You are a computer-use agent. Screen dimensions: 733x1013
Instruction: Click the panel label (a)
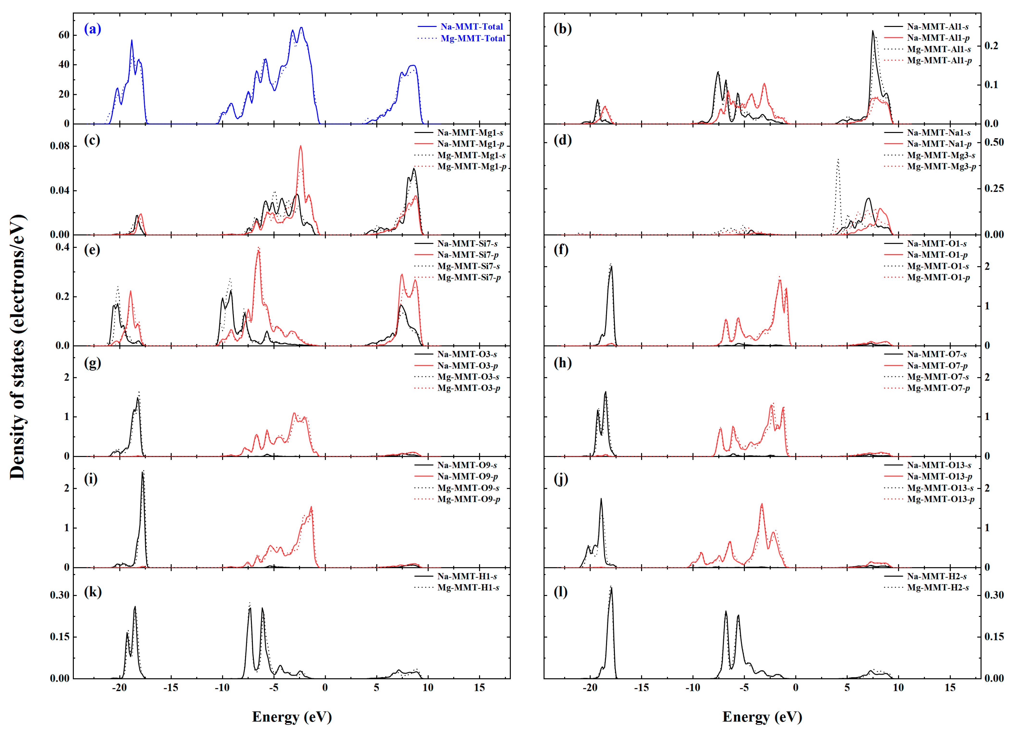(x=93, y=30)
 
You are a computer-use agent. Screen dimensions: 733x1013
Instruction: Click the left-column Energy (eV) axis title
(x=292, y=716)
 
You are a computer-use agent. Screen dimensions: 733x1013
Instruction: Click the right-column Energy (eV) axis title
(x=762, y=716)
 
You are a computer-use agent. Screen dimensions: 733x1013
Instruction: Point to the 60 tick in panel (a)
(x=64, y=35)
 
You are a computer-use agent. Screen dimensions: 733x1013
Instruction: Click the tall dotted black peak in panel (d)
(x=838, y=160)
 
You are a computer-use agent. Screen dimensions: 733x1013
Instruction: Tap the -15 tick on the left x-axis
(x=171, y=688)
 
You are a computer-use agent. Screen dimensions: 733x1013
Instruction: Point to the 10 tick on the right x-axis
(x=898, y=688)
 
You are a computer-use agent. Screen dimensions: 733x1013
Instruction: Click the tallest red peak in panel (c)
(x=300, y=146)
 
